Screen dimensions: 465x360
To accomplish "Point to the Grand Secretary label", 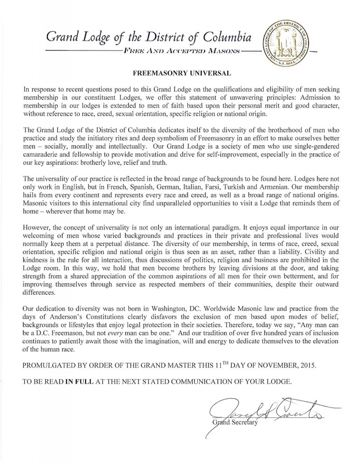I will coord(235,423).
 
